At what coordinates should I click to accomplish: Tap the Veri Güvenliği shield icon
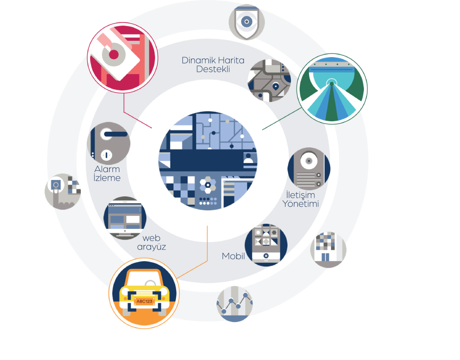pos(246,22)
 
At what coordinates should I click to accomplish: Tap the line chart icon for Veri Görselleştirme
pos(234,303)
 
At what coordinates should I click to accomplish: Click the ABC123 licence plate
pos(144,301)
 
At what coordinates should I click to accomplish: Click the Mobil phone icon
pos(264,245)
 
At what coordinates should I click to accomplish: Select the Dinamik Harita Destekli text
pos(212,65)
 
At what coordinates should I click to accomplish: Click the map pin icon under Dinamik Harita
pos(275,86)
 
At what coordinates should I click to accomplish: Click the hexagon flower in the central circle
pos(208,184)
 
